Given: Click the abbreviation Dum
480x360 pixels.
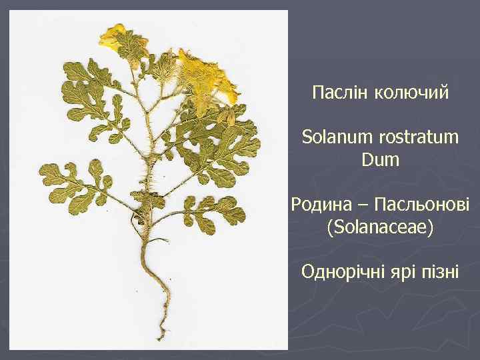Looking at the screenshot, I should click(380, 160).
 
